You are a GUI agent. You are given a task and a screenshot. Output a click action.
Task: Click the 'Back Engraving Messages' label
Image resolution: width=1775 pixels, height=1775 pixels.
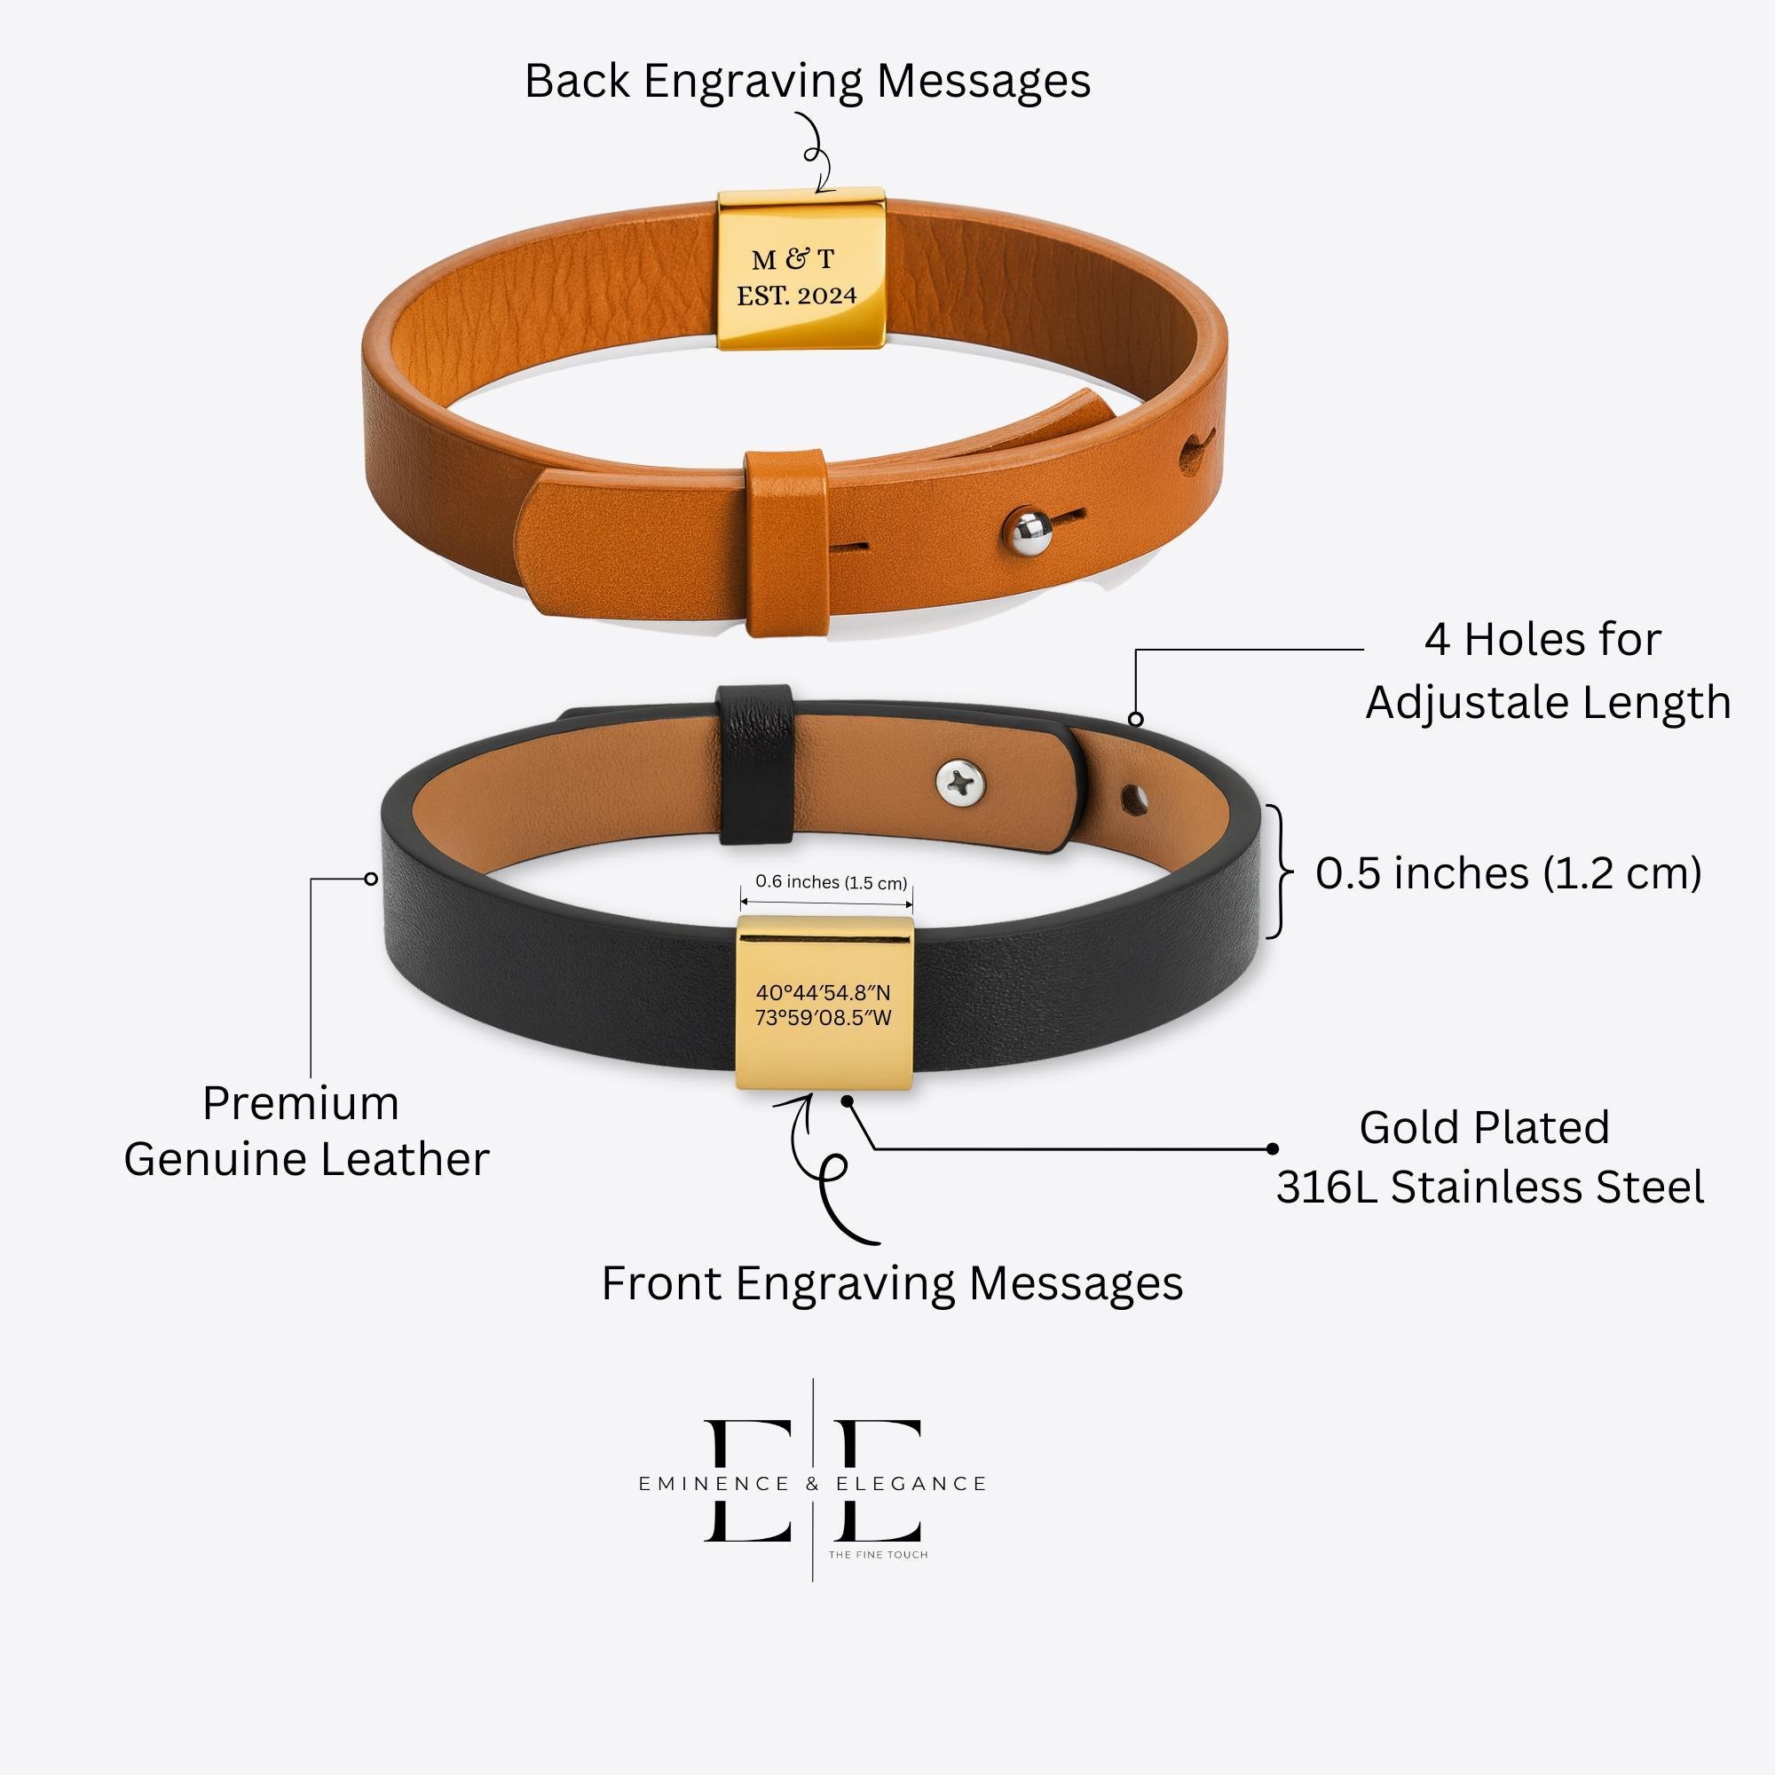pyautogui.click(x=807, y=81)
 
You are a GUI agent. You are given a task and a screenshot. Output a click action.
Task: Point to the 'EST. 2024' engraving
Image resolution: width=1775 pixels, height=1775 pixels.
pyautogui.click(x=795, y=296)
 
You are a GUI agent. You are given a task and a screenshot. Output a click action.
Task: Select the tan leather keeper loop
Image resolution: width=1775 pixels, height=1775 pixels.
pyautogui.click(x=783, y=542)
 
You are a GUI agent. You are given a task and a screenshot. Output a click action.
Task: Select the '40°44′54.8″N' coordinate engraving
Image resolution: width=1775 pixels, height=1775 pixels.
pyautogui.click(x=824, y=993)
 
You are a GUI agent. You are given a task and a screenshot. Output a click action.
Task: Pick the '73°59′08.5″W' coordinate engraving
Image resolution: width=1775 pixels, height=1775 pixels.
pyautogui.click(x=824, y=1018)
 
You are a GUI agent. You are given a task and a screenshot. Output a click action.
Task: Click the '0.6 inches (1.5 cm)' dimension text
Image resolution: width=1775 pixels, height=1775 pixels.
pyautogui.click(x=831, y=883)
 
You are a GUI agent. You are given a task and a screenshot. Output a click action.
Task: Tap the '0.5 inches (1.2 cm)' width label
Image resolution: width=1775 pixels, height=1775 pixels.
pyautogui.click(x=1508, y=872)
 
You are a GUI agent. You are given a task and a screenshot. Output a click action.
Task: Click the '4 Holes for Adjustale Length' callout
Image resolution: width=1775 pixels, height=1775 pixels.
pyautogui.click(x=1546, y=672)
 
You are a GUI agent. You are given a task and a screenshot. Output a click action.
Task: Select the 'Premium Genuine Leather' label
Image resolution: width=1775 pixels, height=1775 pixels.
pyautogui.click(x=306, y=1131)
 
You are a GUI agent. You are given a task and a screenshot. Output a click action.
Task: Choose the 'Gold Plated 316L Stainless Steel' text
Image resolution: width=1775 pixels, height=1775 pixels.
pyautogui.click(x=1488, y=1157)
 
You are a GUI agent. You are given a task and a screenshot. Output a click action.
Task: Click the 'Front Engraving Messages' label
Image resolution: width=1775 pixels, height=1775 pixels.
pyautogui.click(x=891, y=1283)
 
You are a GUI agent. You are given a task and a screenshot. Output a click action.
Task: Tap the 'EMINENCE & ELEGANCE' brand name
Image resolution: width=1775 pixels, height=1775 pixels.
pyautogui.click(x=812, y=1484)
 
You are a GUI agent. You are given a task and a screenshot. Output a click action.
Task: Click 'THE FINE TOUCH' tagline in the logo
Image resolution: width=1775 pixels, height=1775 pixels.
pyautogui.click(x=878, y=1555)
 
